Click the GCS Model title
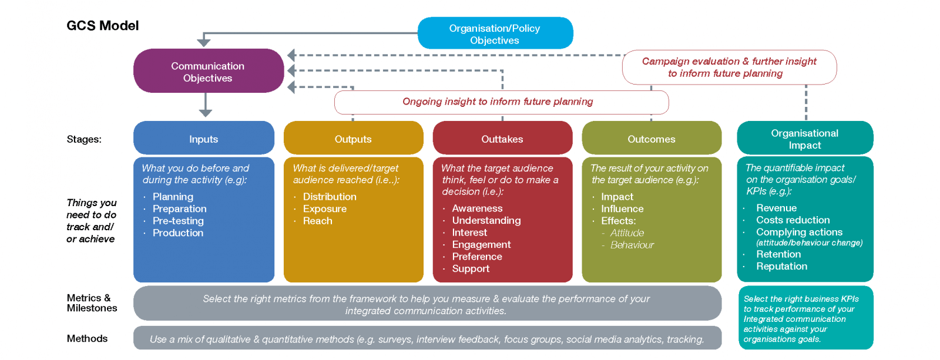(103, 26)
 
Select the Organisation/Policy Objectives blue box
(495, 33)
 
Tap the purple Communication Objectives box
(208, 72)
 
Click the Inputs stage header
(203, 139)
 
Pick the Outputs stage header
(353, 139)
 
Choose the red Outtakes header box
(502, 139)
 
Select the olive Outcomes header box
(651, 139)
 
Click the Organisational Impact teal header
(804, 139)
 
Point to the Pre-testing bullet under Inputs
(178, 221)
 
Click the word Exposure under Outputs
(325, 209)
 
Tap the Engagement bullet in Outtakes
(481, 245)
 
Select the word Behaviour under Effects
(632, 245)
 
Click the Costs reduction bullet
(793, 220)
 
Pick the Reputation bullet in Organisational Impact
(781, 267)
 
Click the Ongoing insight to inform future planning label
(498, 102)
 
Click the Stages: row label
(84, 139)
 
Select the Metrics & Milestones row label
(92, 303)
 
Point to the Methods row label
(87, 339)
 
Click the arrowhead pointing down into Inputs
(205, 113)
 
